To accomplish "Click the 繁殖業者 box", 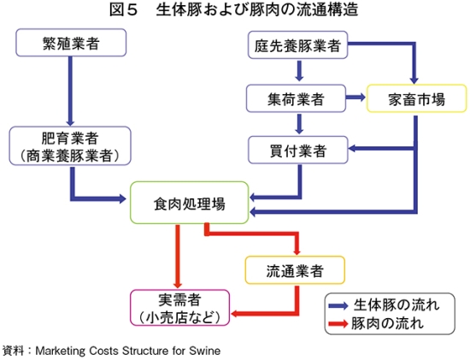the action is [71, 43].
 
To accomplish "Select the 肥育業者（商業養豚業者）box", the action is [70, 146].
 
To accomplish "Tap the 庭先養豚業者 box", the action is [297, 44].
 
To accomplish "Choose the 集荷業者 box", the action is [296, 98].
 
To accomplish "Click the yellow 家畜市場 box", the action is [417, 98].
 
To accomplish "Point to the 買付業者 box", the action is [298, 150].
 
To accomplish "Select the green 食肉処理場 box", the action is [190, 203].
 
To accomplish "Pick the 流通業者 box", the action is [295, 270].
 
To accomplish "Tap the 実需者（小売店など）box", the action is [179, 308].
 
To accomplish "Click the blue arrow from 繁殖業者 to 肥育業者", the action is [70, 91].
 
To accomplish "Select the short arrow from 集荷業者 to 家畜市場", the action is [355, 97].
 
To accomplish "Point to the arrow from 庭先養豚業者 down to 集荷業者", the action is [299, 71].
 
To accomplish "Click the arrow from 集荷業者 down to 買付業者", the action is [299, 124].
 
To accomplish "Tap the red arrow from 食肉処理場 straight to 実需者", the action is [178, 257].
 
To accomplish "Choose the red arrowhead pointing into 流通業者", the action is [297, 251].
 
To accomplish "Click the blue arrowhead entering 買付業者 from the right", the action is [352, 148].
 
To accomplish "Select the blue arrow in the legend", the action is [338, 305].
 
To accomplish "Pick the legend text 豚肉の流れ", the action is [387, 323].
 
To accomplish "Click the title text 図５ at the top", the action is [124, 9].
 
